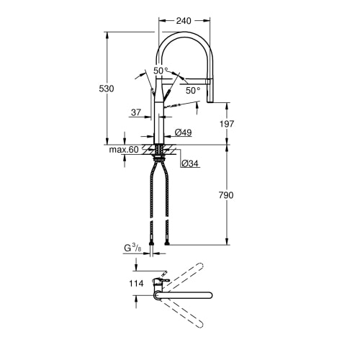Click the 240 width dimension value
(184, 21)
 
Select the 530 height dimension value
(107, 89)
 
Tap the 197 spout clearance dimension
(227, 124)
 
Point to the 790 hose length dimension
(226, 195)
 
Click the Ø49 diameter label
(183, 132)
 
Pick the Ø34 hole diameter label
(190, 163)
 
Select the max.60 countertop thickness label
(124, 150)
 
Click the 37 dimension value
(136, 112)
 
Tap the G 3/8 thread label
(132, 248)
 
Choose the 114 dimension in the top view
(136, 284)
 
